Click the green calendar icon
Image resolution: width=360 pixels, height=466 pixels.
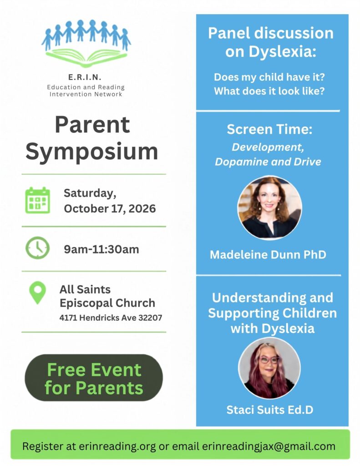37,200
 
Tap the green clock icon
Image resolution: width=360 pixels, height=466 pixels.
37,248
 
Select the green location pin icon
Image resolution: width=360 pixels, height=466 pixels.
37,293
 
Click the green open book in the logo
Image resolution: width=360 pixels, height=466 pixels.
86,57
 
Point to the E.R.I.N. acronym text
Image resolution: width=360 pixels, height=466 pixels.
85,77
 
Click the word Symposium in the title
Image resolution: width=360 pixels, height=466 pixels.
92,152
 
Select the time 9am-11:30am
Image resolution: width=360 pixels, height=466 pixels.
101,249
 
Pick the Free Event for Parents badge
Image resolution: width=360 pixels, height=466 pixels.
94,378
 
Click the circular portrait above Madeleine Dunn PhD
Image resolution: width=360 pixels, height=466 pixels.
269,208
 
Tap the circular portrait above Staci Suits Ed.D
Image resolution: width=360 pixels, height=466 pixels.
269,368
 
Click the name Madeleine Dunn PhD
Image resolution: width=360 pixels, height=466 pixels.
268,255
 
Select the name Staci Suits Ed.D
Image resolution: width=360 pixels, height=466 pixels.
269,410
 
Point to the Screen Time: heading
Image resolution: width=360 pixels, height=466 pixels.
269,130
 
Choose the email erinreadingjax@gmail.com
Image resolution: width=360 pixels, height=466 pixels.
269,446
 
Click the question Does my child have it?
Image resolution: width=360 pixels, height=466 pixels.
269,77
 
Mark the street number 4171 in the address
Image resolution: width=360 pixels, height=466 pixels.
68,318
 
